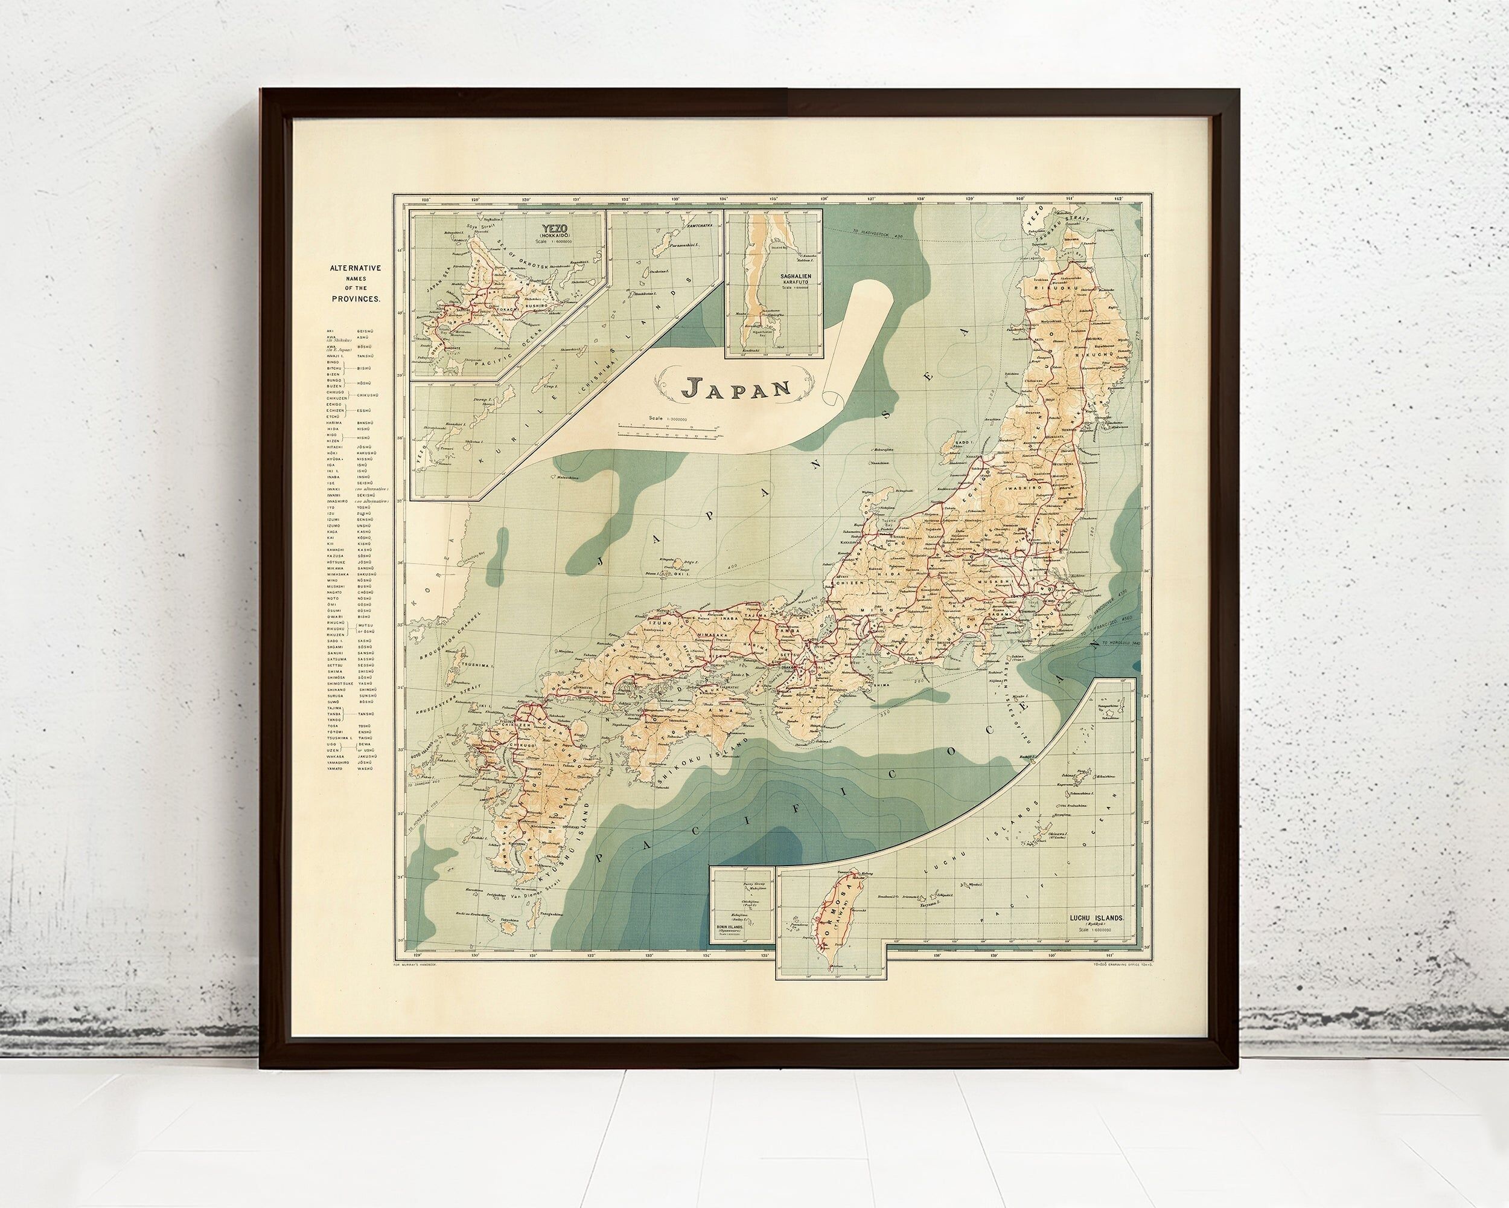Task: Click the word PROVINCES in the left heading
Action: pos(356,298)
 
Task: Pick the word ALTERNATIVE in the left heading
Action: pos(356,268)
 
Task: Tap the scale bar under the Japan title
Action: pos(668,429)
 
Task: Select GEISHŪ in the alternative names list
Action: pos(368,330)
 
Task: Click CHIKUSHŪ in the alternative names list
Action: pos(368,395)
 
